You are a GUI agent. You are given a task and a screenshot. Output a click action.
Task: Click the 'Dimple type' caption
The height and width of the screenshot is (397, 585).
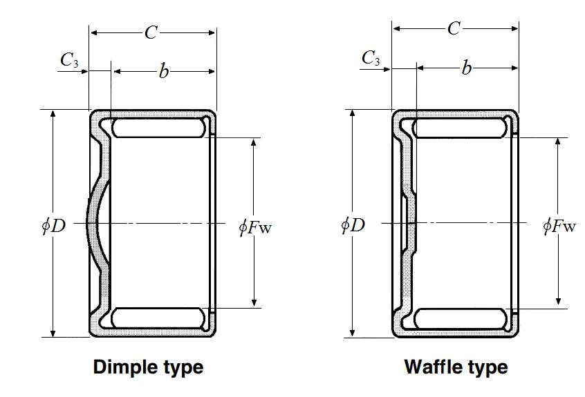click(x=148, y=366)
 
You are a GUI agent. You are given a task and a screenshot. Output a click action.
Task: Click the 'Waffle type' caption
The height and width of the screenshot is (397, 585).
click(x=455, y=366)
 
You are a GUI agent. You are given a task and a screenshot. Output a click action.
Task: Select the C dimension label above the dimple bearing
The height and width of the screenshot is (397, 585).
click(x=151, y=32)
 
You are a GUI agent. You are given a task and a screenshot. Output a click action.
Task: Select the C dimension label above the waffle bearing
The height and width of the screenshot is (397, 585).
click(x=454, y=29)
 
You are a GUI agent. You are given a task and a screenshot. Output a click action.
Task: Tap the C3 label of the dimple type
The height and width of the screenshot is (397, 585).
click(x=69, y=60)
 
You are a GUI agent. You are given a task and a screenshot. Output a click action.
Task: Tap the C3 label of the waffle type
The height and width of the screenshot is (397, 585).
click(x=371, y=58)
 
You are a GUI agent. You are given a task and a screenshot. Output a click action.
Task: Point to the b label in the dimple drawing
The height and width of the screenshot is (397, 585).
click(x=163, y=71)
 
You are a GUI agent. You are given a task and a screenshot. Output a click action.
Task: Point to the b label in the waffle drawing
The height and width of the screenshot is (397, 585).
click(x=467, y=68)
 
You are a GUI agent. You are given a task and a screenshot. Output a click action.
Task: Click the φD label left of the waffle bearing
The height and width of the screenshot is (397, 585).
click(x=353, y=224)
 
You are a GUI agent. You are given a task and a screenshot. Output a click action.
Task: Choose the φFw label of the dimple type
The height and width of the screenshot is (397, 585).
click(x=254, y=226)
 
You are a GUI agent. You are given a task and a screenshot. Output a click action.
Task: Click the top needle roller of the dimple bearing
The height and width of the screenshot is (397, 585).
click(x=160, y=128)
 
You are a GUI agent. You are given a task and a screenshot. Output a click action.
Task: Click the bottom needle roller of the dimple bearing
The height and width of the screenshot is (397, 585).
click(x=160, y=318)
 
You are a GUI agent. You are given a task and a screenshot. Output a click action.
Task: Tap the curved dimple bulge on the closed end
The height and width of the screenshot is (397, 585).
click(x=96, y=223)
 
